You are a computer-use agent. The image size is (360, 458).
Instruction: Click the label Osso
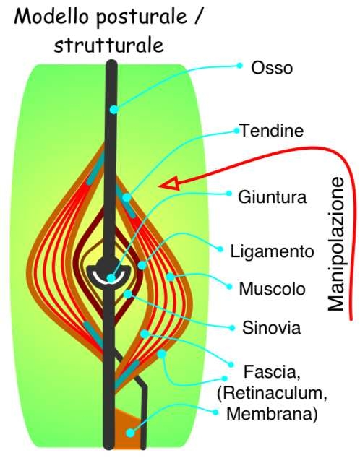[x=272, y=68]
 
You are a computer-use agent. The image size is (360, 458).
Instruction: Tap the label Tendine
[x=272, y=130]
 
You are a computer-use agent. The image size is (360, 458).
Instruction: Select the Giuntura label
[x=273, y=196]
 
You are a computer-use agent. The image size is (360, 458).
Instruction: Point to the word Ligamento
[x=272, y=251]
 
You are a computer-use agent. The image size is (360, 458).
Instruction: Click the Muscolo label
[x=273, y=289]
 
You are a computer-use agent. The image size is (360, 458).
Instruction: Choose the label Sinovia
[x=272, y=328]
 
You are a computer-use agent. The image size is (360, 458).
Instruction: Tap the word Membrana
[x=272, y=414]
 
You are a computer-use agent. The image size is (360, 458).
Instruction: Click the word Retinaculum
[x=272, y=393]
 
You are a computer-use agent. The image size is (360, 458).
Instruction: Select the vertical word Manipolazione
[x=335, y=243]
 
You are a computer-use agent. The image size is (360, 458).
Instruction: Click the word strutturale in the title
[x=108, y=46]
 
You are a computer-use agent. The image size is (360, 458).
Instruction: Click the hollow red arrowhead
[x=169, y=185]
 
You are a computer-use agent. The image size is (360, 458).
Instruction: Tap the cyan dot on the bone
[x=113, y=110]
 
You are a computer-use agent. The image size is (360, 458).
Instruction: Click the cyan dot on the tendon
[x=127, y=198]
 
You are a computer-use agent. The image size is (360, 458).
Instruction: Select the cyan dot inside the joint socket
[x=111, y=278]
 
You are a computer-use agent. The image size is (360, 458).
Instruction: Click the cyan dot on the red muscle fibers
[x=170, y=277]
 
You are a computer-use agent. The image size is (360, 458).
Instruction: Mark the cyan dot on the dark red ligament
[x=142, y=265]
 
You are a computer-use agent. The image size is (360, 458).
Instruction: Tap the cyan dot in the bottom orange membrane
[x=131, y=433]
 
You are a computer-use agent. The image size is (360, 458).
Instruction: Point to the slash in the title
[x=197, y=16]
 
